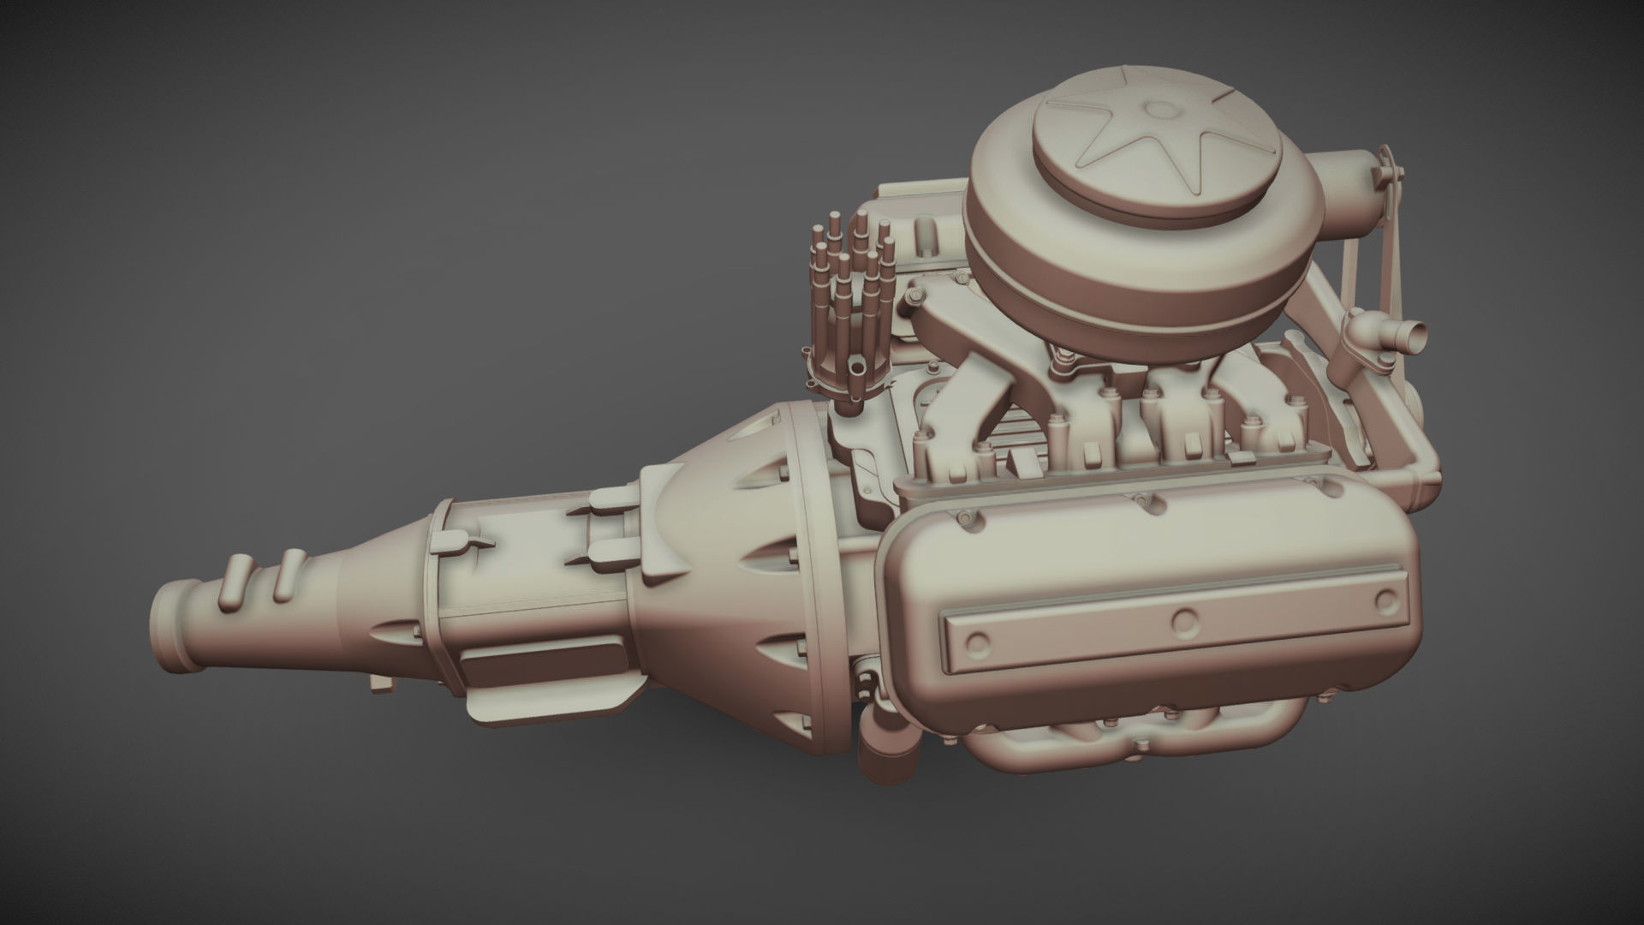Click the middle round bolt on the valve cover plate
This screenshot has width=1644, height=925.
click(1184, 619)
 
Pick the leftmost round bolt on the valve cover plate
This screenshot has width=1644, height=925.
click(977, 643)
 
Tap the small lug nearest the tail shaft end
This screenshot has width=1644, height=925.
click(231, 581)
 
